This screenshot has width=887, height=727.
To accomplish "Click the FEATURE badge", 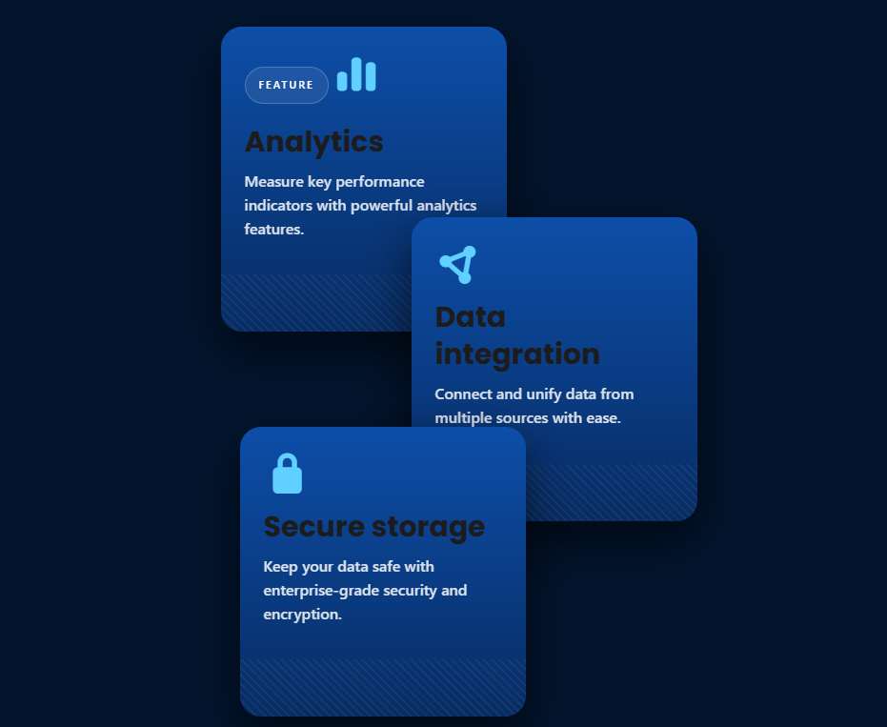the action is (x=286, y=86).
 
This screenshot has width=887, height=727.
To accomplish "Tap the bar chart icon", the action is (x=356, y=74).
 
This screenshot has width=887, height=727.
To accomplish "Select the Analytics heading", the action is (x=314, y=142).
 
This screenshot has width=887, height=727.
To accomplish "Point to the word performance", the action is (x=379, y=183).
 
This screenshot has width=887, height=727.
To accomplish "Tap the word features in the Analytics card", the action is (x=273, y=229).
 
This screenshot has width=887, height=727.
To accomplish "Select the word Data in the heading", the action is (x=470, y=317).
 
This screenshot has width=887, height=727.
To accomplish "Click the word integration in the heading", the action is (x=517, y=354).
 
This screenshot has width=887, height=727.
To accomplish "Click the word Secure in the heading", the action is (x=314, y=527).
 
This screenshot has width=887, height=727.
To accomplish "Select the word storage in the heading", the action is (x=428, y=528).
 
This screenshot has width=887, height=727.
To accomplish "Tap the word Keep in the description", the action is (x=280, y=567).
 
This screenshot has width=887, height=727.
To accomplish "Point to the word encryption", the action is (x=303, y=615).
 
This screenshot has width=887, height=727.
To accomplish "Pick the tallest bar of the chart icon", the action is (x=356, y=74).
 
